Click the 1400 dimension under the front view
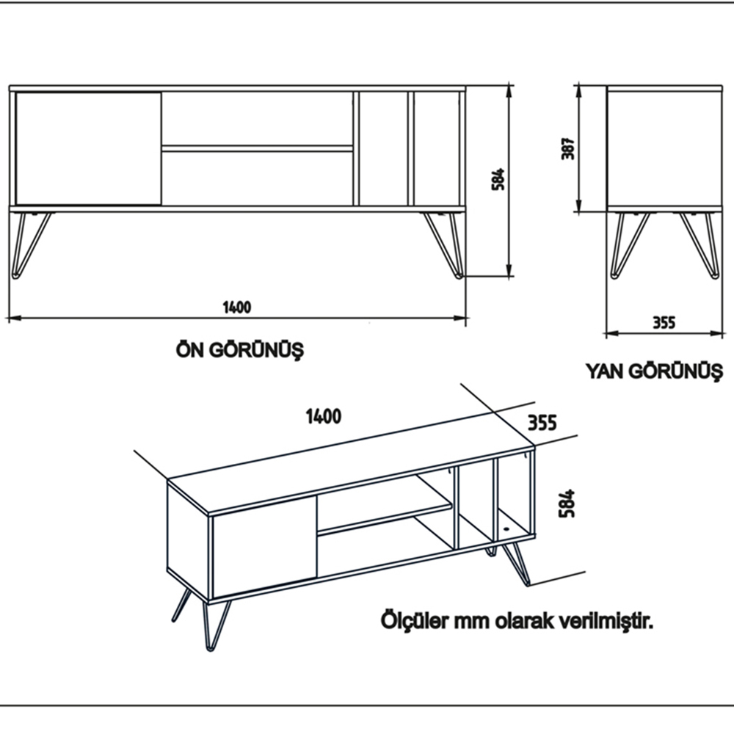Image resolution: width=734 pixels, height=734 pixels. tap(237, 308)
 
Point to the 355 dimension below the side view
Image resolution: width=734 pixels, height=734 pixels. tap(663, 322)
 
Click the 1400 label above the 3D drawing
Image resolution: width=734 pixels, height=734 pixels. tap(323, 416)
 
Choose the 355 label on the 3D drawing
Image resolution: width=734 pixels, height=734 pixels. tap(542, 422)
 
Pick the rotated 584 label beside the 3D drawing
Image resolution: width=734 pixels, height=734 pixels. tap(567, 504)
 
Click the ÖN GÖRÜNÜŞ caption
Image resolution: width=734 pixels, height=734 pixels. tap(239, 349)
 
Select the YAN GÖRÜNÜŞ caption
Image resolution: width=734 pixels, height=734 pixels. tap(654, 371)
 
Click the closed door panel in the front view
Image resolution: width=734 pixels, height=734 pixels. tap(88, 148)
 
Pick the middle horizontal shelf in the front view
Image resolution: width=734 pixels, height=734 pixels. tap(257, 148)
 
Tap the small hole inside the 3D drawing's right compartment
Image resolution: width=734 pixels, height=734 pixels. tap(506, 528)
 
